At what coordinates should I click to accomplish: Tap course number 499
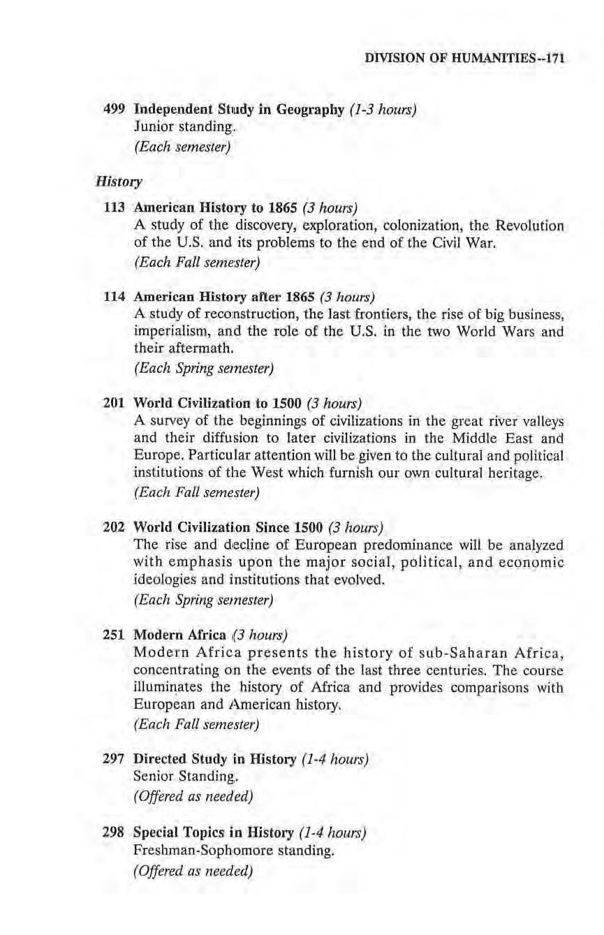[x=114, y=110]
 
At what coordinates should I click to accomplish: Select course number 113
[x=114, y=208]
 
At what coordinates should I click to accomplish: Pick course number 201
[x=114, y=403]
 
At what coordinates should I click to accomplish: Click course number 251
[x=114, y=634]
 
